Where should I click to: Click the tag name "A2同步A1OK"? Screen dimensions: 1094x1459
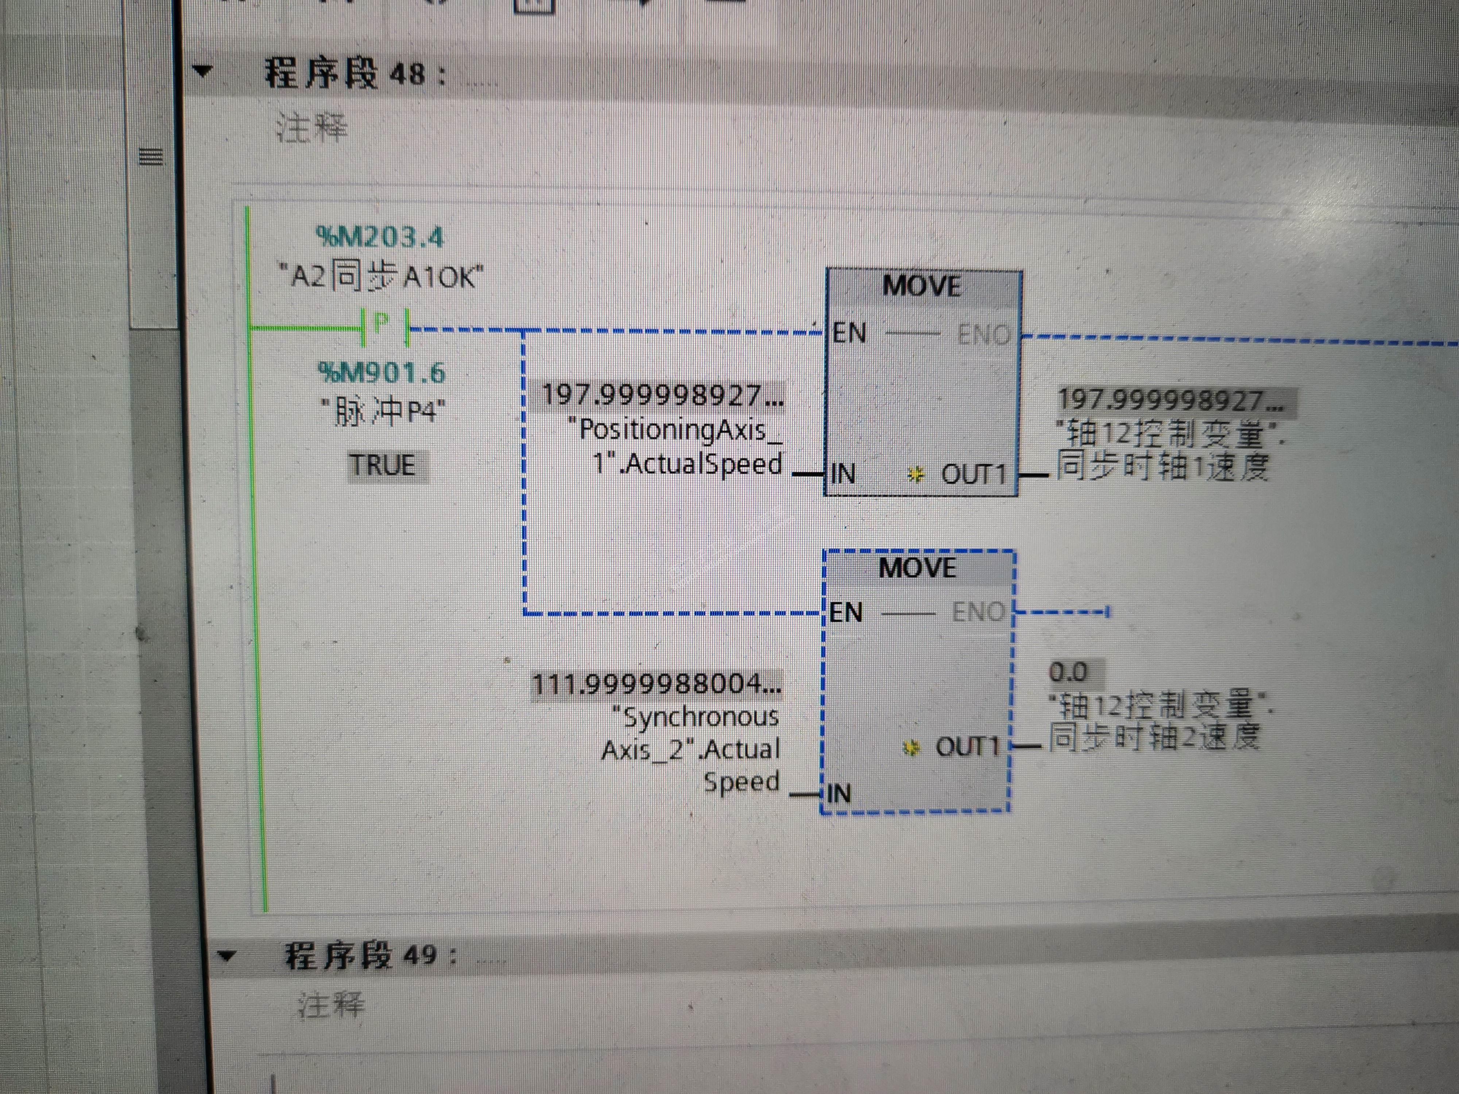coord(381,277)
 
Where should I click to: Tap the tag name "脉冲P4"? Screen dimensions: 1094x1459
coord(383,413)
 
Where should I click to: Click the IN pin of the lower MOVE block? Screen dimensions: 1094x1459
coord(838,793)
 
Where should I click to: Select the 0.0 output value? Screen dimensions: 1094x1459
coord(1067,672)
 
